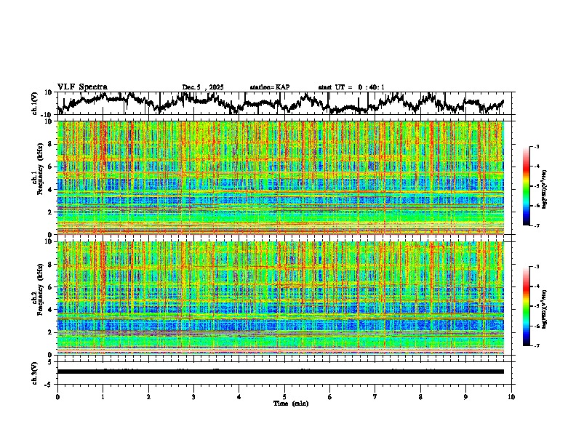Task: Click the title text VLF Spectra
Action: (x=82, y=87)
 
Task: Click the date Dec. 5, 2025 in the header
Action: (x=203, y=87)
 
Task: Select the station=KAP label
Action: (x=269, y=87)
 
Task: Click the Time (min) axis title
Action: (x=284, y=403)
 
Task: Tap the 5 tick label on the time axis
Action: (x=284, y=396)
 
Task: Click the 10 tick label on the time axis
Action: (x=511, y=396)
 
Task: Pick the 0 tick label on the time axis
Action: (x=57, y=396)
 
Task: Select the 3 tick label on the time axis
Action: (x=193, y=396)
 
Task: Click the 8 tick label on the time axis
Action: (x=420, y=396)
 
